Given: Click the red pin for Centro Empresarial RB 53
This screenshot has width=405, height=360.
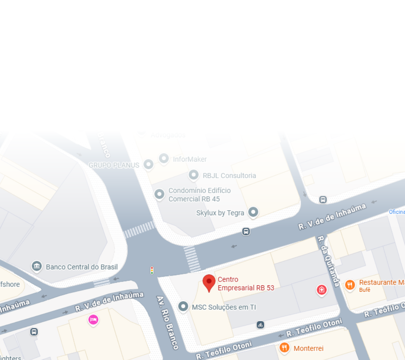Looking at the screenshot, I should pyautogui.click(x=209, y=282).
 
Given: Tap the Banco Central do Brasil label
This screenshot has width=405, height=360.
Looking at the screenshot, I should pyautogui.click(x=82, y=267).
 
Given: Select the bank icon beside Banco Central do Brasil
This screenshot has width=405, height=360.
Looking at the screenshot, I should pyautogui.click(x=37, y=266).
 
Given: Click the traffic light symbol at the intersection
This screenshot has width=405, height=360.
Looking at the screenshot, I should pyautogui.click(x=152, y=270).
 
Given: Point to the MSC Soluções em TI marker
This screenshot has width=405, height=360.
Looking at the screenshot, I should pyautogui.click(x=183, y=307).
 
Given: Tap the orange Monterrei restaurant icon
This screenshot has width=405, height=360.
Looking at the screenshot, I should pyautogui.click(x=284, y=348).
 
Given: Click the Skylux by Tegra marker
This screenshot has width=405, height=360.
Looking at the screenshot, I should pyautogui.click(x=253, y=212).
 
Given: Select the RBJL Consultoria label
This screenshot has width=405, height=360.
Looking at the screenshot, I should pyautogui.click(x=229, y=175).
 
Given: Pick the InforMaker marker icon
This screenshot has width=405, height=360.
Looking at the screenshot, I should pyautogui.click(x=164, y=159).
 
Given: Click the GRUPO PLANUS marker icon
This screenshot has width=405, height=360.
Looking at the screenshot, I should pyautogui.click(x=149, y=164).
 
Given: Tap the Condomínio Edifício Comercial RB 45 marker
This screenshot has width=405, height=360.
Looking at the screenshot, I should pyautogui.click(x=159, y=194).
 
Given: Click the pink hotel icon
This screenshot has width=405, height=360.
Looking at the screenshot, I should pyautogui.click(x=93, y=319).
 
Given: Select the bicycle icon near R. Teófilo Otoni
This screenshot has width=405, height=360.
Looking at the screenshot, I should pyautogui.click(x=260, y=325).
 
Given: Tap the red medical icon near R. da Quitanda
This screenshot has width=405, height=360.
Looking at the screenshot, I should pyautogui.click(x=321, y=289).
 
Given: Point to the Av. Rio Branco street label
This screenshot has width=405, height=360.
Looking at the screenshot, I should pyautogui.click(x=167, y=322).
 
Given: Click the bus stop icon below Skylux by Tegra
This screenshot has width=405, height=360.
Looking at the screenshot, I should pyautogui.click(x=246, y=231).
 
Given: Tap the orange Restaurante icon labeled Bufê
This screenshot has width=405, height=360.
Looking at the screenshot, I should pyautogui.click(x=349, y=285).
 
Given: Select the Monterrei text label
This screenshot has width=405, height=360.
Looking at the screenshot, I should pyautogui.click(x=308, y=348).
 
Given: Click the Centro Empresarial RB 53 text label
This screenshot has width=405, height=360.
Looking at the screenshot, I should pyautogui.click(x=246, y=284).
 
